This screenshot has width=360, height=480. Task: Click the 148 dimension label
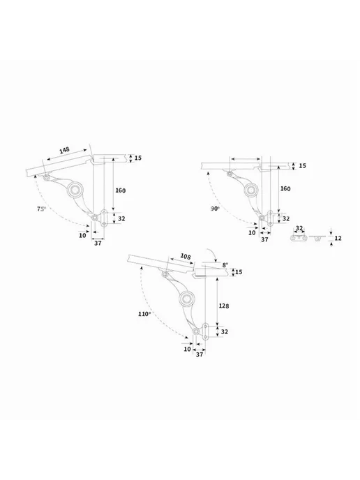tap(64, 150)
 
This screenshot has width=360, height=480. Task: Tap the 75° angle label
tap(41, 209)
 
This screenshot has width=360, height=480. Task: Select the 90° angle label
tap(215, 209)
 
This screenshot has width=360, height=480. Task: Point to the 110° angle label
tap(144, 314)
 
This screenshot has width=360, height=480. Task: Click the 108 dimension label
tap(185, 256)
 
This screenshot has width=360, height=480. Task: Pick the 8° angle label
tap(225, 265)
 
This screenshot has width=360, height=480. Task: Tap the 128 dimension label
tap(224, 306)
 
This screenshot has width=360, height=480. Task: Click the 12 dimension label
tap(338, 238)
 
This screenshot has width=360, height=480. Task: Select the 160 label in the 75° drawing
tap(120, 190)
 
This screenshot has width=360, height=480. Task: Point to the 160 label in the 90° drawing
tap(285, 188)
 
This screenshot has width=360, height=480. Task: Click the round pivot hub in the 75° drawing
tap(75, 190)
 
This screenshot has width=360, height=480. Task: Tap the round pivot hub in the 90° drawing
tap(251, 190)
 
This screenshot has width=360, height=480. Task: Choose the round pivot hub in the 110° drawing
tap(187, 299)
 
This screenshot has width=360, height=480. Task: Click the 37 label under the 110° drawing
tap(200, 354)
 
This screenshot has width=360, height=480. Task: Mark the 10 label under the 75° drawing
tap(82, 235)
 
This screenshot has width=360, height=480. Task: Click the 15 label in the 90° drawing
tap(303, 165)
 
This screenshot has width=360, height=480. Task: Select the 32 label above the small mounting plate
tap(299, 228)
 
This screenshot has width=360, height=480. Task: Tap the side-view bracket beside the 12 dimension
tap(317, 238)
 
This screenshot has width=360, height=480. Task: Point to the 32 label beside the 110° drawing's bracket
tap(225, 331)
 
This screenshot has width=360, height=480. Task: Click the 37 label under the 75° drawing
tap(98, 243)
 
